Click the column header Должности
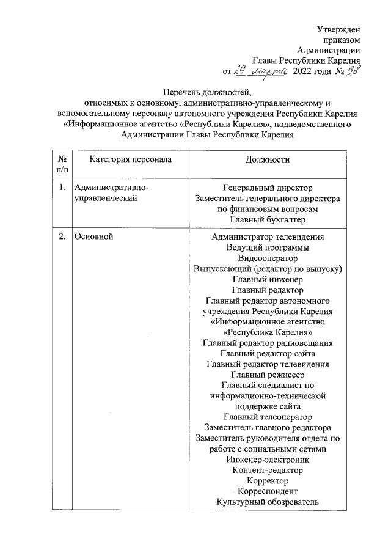pyautogui.click(x=267, y=159)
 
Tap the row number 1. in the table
pyautogui.click(x=61, y=188)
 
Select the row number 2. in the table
pyautogui.click(x=61, y=236)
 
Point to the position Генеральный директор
pyautogui.click(x=268, y=188)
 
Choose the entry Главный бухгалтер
pyautogui.click(x=268, y=219)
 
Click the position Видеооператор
pyautogui.click(x=268, y=258)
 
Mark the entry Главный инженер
pyautogui.click(x=268, y=279)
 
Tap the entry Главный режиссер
pyautogui.click(x=268, y=375)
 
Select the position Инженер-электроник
pyautogui.click(x=268, y=460)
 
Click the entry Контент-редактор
pyautogui.click(x=268, y=470)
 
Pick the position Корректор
pyautogui.click(x=268, y=481)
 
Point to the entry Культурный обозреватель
pyautogui.click(x=268, y=502)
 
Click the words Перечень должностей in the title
pyautogui.click(x=203, y=92)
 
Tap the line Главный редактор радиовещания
pyautogui.click(x=268, y=343)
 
